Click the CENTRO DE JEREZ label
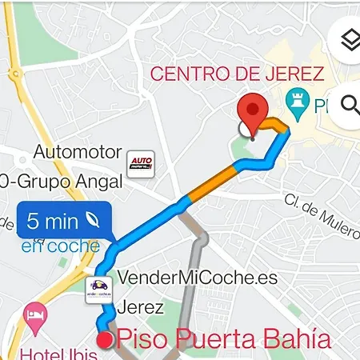tap(237, 75)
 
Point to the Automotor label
tap(78, 152)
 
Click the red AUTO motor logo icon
tap(140, 165)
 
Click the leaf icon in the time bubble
tap(94, 221)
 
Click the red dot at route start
tap(104, 341)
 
